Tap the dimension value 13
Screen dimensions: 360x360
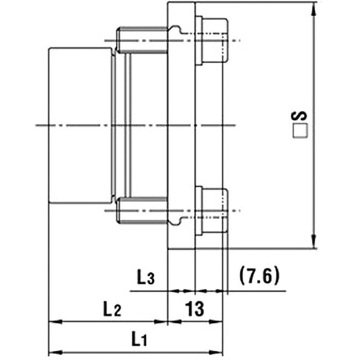click(x=195, y=309)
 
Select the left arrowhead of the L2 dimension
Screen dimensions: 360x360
click(x=52, y=322)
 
